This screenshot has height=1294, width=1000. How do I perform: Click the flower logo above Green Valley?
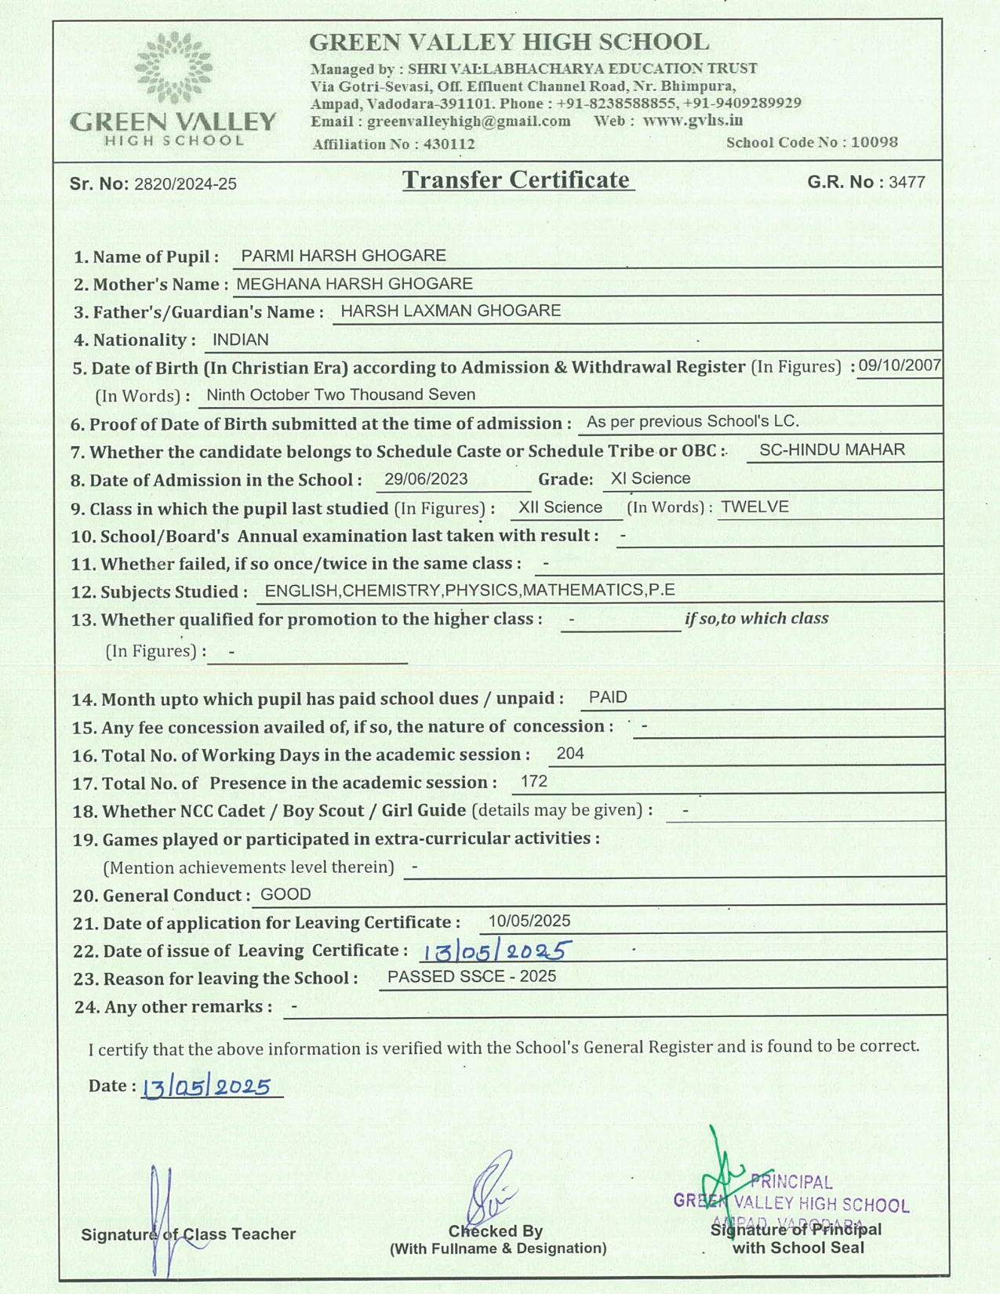tap(173, 67)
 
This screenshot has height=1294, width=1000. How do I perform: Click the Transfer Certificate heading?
tap(517, 180)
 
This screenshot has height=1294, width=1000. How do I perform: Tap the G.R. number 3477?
tap(907, 182)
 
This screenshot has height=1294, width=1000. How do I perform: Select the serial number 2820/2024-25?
tap(185, 184)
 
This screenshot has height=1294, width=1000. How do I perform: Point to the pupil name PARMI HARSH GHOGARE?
tap(344, 256)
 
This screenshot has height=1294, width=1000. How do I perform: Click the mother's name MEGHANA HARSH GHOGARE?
tap(355, 283)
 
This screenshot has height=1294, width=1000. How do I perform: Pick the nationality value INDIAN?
tap(241, 340)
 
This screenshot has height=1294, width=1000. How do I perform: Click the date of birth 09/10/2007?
tap(899, 365)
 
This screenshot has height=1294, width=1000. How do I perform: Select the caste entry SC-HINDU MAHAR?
tap(831, 450)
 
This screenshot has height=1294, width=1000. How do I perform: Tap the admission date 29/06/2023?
tap(426, 479)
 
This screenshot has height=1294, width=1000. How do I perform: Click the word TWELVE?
tap(755, 507)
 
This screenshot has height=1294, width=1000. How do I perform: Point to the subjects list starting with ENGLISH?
tap(470, 590)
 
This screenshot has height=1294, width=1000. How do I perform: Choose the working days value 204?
tap(570, 754)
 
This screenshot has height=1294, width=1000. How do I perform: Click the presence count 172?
tap(534, 781)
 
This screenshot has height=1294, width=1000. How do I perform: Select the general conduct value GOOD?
tap(285, 894)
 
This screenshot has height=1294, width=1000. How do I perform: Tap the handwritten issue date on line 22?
tap(495, 951)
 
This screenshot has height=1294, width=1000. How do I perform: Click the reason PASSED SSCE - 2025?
tap(471, 976)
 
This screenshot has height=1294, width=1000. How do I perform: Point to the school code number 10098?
tap(874, 142)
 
